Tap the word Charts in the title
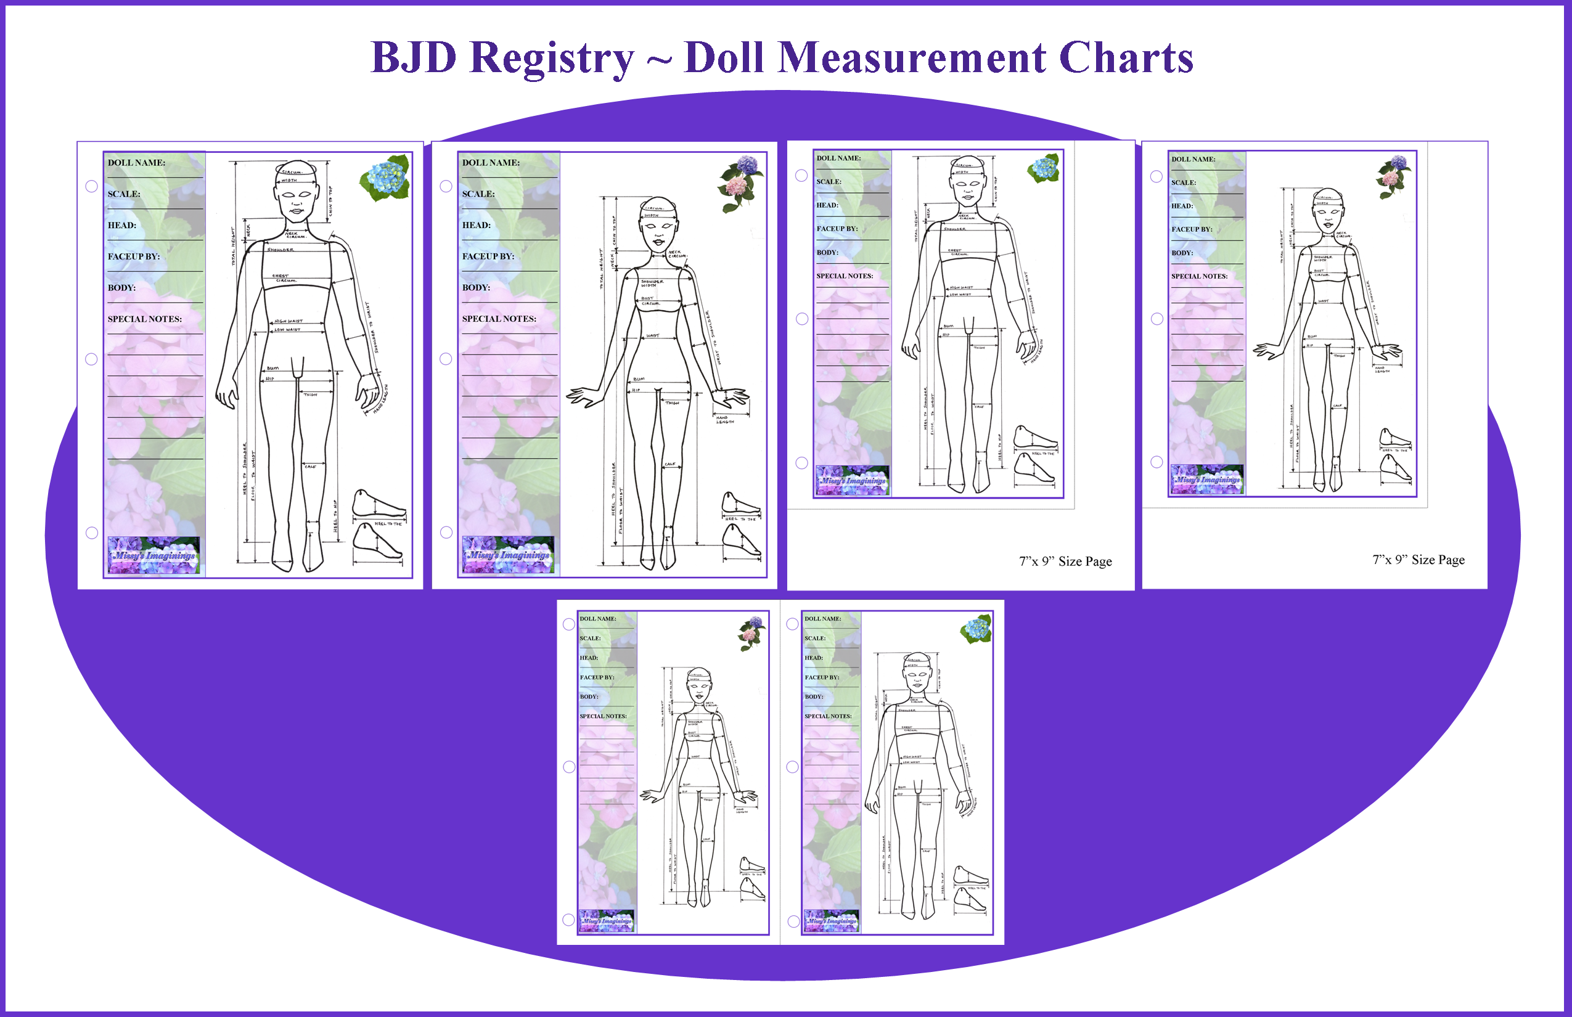[x=1126, y=58]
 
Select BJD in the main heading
[x=414, y=58]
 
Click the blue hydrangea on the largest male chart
[x=386, y=177]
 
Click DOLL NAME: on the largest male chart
[x=136, y=163]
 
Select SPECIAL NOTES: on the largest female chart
[x=499, y=318]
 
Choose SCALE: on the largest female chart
[x=478, y=194]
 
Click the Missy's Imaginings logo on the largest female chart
[x=508, y=555]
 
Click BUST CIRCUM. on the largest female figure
[x=650, y=301]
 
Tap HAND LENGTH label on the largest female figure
[x=724, y=420]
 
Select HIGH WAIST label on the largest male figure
[x=289, y=321]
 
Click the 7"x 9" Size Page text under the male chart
[x=1065, y=562]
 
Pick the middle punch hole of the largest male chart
[x=92, y=359]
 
